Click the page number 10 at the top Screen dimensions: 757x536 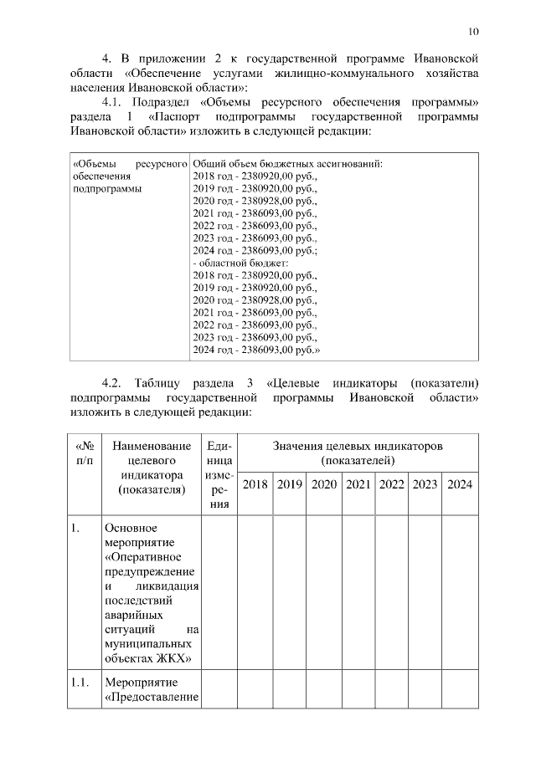pyautogui.click(x=473, y=32)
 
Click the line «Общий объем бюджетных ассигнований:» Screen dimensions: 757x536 pyautogui.click(x=287, y=163)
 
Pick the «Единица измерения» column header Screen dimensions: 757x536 pyautogui.click(x=219, y=475)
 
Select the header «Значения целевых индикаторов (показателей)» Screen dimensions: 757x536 pyautogui.click(x=358, y=453)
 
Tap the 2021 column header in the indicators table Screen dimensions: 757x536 pyautogui.click(x=358, y=484)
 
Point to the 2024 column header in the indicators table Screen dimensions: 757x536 pyautogui.click(x=460, y=484)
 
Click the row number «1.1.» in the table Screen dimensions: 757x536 pyautogui.click(x=80, y=683)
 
